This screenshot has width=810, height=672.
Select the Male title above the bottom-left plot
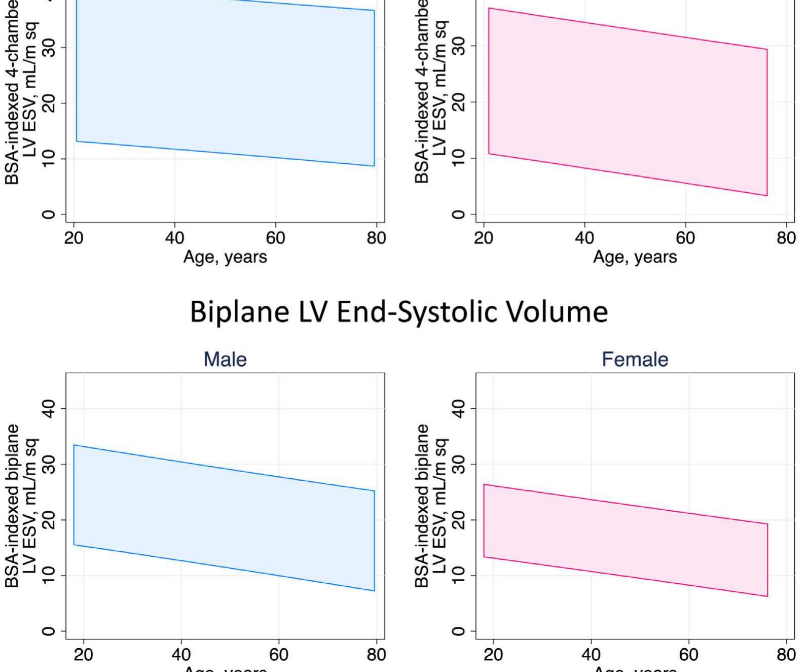[225, 360]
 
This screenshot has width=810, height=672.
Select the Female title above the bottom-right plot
[635, 360]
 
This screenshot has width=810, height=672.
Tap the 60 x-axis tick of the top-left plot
[275, 238]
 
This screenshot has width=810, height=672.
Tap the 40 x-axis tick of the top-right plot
[584, 238]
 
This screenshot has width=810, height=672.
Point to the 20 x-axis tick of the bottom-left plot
[84, 655]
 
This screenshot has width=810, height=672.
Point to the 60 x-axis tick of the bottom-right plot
[688, 655]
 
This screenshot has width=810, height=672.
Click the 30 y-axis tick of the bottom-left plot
[49, 464]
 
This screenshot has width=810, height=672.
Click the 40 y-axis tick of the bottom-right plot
[458, 408]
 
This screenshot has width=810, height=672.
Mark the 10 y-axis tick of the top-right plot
[458, 158]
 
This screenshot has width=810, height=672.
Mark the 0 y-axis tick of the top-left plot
[49, 215]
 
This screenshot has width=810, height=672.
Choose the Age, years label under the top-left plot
[225, 257]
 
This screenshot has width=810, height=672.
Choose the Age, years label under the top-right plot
[635, 257]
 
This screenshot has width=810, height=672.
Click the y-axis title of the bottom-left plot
[21, 506]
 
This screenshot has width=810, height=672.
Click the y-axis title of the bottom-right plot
[431, 506]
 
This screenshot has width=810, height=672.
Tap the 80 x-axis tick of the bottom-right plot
[786, 655]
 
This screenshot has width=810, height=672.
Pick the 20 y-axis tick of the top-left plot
[49, 103]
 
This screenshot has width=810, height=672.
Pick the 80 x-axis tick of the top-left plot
[376, 238]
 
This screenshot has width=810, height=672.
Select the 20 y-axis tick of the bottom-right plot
[458, 520]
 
